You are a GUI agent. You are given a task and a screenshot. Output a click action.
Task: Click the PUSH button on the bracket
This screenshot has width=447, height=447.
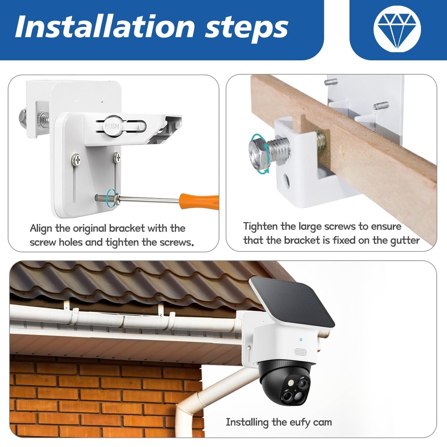click(x=112, y=126)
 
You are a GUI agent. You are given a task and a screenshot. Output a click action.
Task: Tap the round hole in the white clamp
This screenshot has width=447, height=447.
click(x=286, y=181)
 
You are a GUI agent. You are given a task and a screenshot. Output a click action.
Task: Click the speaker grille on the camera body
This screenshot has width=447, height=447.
click(x=300, y=352)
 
